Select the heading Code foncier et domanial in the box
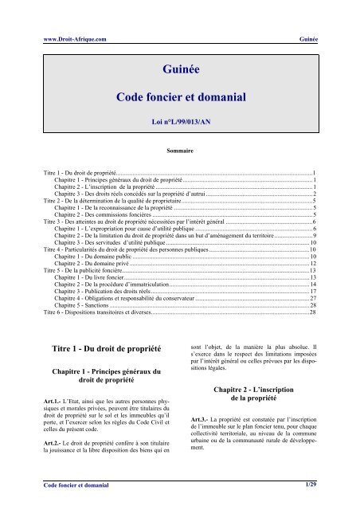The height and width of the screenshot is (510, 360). [x=180, y=97]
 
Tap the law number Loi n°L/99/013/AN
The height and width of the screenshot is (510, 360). [x=180, y=124]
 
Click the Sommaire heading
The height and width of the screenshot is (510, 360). [x=180, y=149]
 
